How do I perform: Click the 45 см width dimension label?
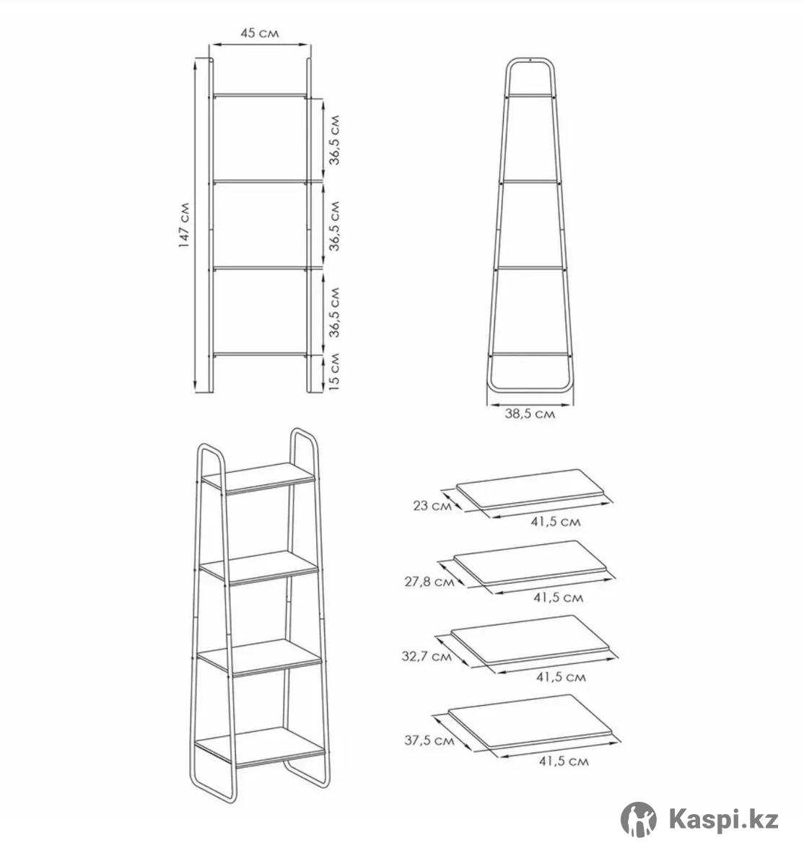pos(260,33)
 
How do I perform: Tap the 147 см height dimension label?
pos(184,225)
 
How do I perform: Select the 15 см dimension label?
pos(333,371)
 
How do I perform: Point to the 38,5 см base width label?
pos(530,414)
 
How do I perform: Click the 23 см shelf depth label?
pos(432,506)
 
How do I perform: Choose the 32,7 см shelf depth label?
pos(427,656)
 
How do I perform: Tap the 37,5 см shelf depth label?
pos(429,740)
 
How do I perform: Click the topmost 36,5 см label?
pos(334,139)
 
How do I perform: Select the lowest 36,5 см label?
pos(334,312)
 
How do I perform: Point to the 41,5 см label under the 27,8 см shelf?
pos(558,598)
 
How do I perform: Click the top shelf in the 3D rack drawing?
pos(259,478)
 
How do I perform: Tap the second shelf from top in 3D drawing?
pos(259,567)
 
